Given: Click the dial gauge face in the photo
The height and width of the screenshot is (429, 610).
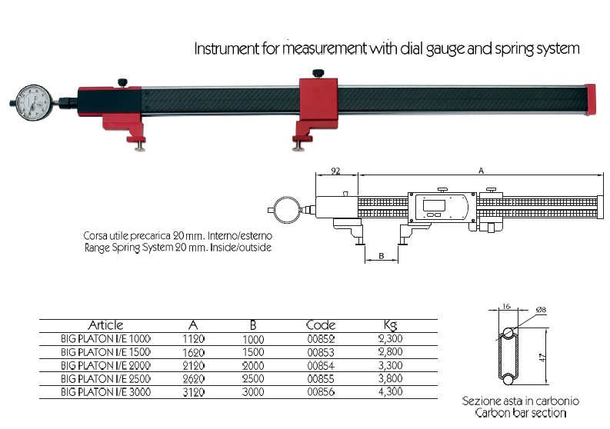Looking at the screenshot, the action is pos(35,103).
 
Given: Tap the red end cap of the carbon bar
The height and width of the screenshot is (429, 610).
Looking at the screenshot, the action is pos(590,100).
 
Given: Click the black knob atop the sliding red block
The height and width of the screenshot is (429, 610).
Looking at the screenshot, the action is pos(318,73).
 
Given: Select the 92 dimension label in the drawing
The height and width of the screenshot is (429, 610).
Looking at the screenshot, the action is pos(335,171).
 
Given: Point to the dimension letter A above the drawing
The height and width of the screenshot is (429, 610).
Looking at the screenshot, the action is pos(481,171).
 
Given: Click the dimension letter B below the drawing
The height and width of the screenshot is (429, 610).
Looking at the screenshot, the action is pos(382,255).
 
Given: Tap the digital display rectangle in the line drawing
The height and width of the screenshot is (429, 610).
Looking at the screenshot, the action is pos(433,205).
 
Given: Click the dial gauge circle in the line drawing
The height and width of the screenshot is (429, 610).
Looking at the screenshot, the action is pos(287,210).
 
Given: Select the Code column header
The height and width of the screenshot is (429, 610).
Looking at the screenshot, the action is pos(321,324).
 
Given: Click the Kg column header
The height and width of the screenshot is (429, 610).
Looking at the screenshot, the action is pos(390,324).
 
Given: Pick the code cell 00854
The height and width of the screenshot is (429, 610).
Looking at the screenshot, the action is pos(321,365).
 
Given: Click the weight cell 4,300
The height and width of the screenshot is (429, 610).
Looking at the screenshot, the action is pos(390,391).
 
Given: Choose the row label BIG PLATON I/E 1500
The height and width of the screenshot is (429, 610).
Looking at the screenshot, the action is pos(105,352).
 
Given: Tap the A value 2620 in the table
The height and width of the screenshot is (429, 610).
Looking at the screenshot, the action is pos(193,378).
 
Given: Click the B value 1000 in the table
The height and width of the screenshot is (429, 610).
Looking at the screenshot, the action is pos(253,339).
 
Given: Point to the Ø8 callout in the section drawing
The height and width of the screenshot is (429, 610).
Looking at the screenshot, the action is pos(541,310).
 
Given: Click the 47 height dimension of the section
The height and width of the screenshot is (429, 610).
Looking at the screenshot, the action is pos(543,357).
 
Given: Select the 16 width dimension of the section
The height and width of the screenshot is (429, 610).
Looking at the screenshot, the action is pos(506,306).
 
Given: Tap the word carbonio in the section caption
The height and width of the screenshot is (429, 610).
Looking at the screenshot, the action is pos(557,401).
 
